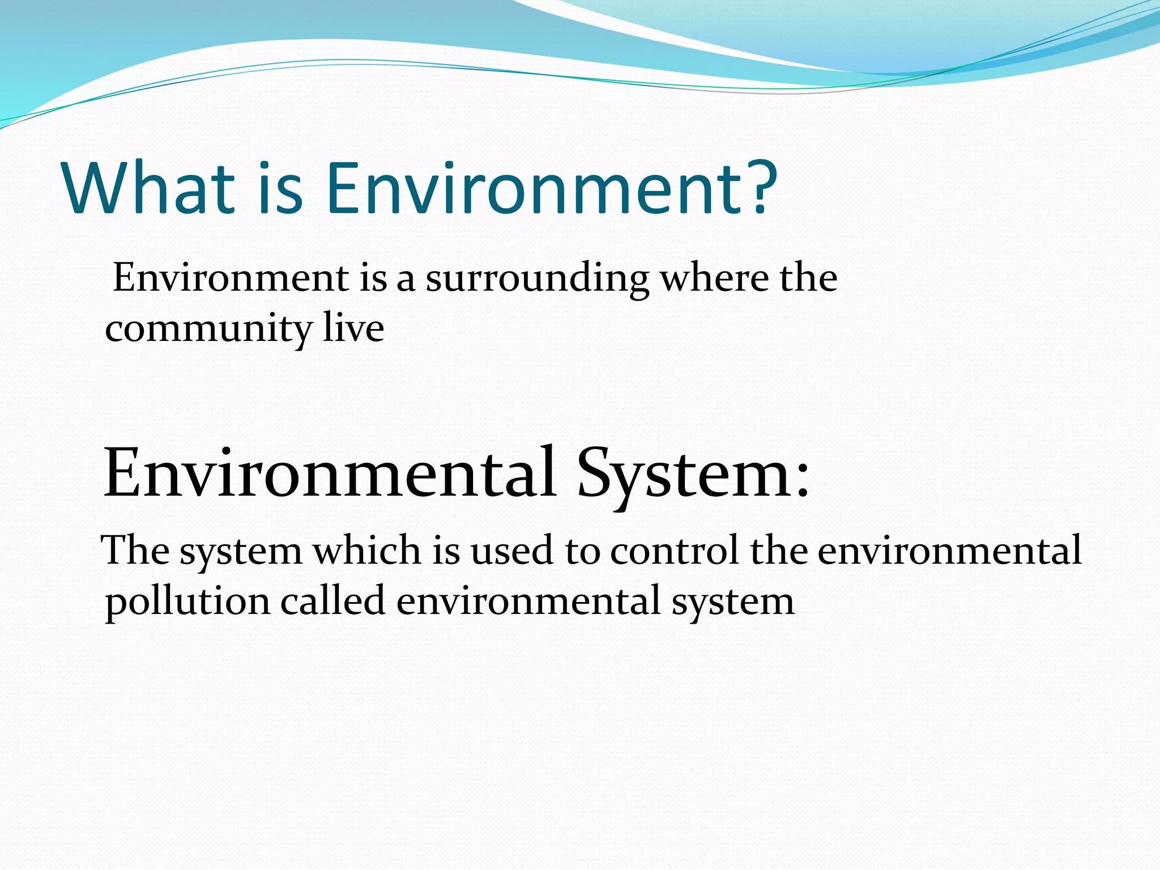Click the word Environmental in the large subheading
tap(329, 474)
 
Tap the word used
tap(511, 551)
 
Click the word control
tap(675, 551)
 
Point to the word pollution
tap(187, 602)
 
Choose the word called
tap(333, 601)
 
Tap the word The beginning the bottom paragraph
tap(135, 551)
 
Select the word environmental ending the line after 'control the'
tap(949, 551)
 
